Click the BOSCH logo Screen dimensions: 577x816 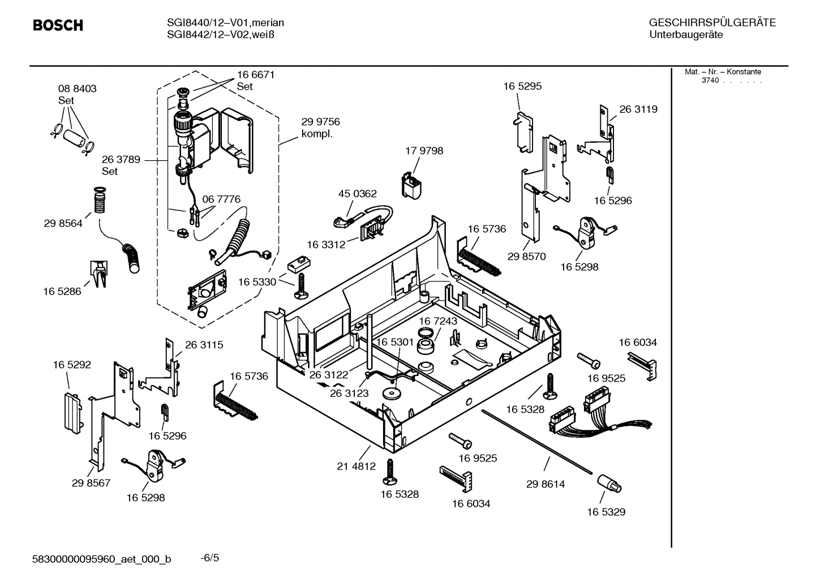coord(58,25)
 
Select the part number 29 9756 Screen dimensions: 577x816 coord(320,122)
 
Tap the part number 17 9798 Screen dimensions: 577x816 coord(424,151)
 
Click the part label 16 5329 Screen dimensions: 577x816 coord(605,512)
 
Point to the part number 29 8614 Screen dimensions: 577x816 coord(545,484)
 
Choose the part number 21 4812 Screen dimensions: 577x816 coord(356,466)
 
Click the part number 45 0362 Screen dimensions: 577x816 coord(357,194)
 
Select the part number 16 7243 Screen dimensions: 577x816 coord(437,321)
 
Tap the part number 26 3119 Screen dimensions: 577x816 coord(638,109)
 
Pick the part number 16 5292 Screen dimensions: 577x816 coord(72,365)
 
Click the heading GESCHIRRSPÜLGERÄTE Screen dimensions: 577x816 coord(712,23)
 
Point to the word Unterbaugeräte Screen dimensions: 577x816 coord(685,35)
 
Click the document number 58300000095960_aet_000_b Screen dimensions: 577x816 coord(102,559)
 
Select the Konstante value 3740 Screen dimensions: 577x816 coord(710,80)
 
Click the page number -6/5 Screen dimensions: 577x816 coord(210,558)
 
